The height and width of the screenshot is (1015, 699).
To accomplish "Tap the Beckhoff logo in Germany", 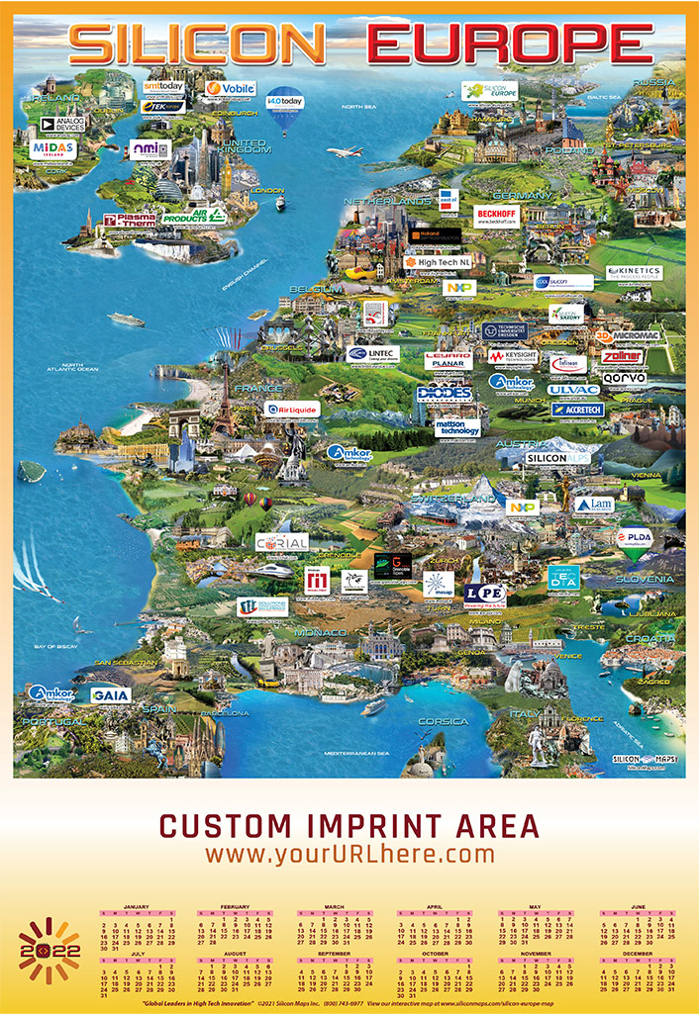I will point(495,215).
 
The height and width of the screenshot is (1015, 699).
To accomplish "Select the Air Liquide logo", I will point(292,408).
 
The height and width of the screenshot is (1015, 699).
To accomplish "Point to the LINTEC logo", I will point(373,353).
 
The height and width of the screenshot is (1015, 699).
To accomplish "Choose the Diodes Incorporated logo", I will point(443,393).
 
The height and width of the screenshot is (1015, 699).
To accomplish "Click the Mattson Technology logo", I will point(457,427).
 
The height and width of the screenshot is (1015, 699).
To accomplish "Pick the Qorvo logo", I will point(624,377).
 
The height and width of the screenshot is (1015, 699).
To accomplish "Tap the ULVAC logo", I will point(573,389).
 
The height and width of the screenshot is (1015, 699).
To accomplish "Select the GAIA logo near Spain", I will point(110,694).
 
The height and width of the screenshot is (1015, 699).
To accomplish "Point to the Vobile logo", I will point(230,89).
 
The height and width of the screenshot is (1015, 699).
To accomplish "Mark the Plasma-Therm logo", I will point(130,220).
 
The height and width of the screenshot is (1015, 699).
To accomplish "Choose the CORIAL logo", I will point(281,542).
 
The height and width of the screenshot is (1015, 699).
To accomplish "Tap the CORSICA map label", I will point(443,721).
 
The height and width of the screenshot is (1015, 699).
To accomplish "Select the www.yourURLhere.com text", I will point(349,853).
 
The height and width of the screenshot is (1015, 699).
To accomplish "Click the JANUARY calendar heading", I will point(137,906).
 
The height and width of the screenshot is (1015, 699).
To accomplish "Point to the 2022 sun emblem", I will point(49,949).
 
